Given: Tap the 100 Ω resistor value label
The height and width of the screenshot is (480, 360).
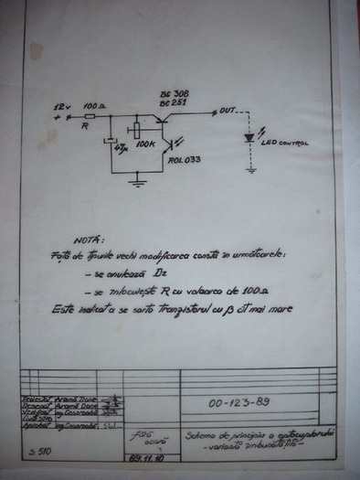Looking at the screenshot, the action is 95,107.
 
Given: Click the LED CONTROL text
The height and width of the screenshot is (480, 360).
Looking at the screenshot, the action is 287,144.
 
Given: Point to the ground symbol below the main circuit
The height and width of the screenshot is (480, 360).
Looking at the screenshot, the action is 136,183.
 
